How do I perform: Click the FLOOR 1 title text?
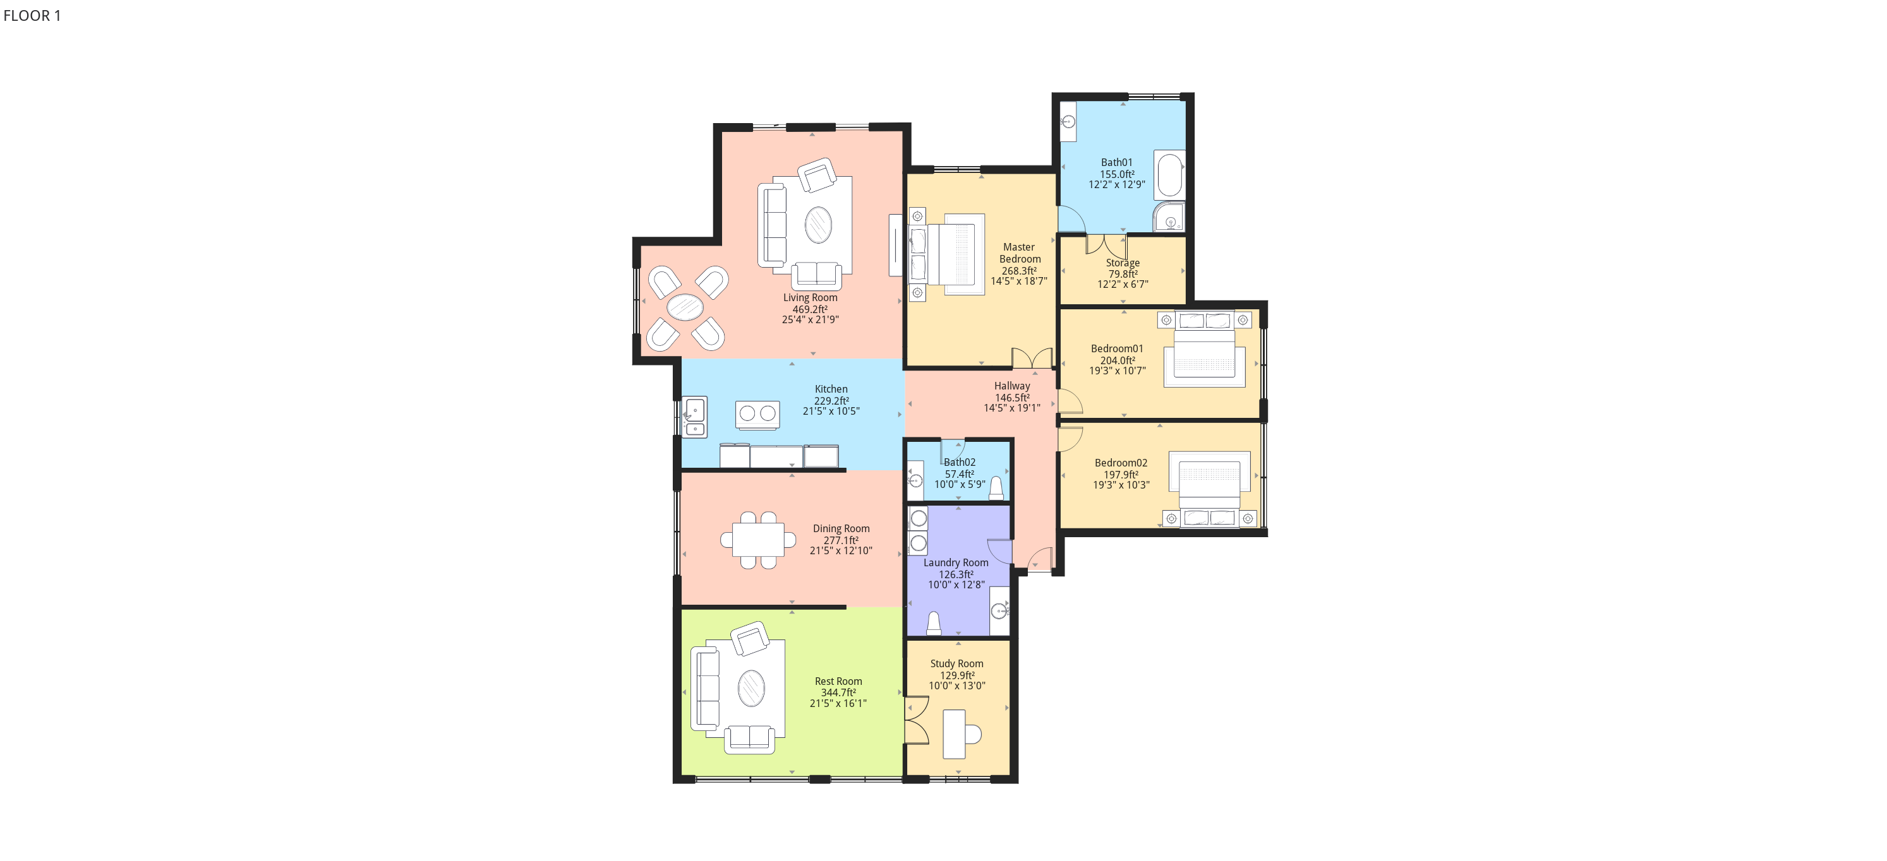[x=32, y=15]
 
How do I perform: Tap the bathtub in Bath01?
[x=1169, y=174]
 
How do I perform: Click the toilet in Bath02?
[x=996, y=489]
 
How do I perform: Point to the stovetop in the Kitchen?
[x=757, y=413]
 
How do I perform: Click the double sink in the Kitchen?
[x=694, y=417]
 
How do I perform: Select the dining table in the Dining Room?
[x=758, y=540]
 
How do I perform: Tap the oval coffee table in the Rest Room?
[x=751, y=688]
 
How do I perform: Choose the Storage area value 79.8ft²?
[x=1123, y=274]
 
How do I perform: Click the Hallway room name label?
[x=1011, y=386]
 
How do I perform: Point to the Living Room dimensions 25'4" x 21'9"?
[x=810, y=320]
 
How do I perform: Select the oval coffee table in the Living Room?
[x=818, y=225]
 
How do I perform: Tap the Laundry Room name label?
[x=956, y=563]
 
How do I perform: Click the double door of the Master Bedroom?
[x=1032, y=358]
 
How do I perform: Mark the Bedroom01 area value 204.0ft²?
[x=1118, y=360]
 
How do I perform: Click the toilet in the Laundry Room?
[x=934, y=623]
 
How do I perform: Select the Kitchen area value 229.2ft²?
[x=831, y=400]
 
